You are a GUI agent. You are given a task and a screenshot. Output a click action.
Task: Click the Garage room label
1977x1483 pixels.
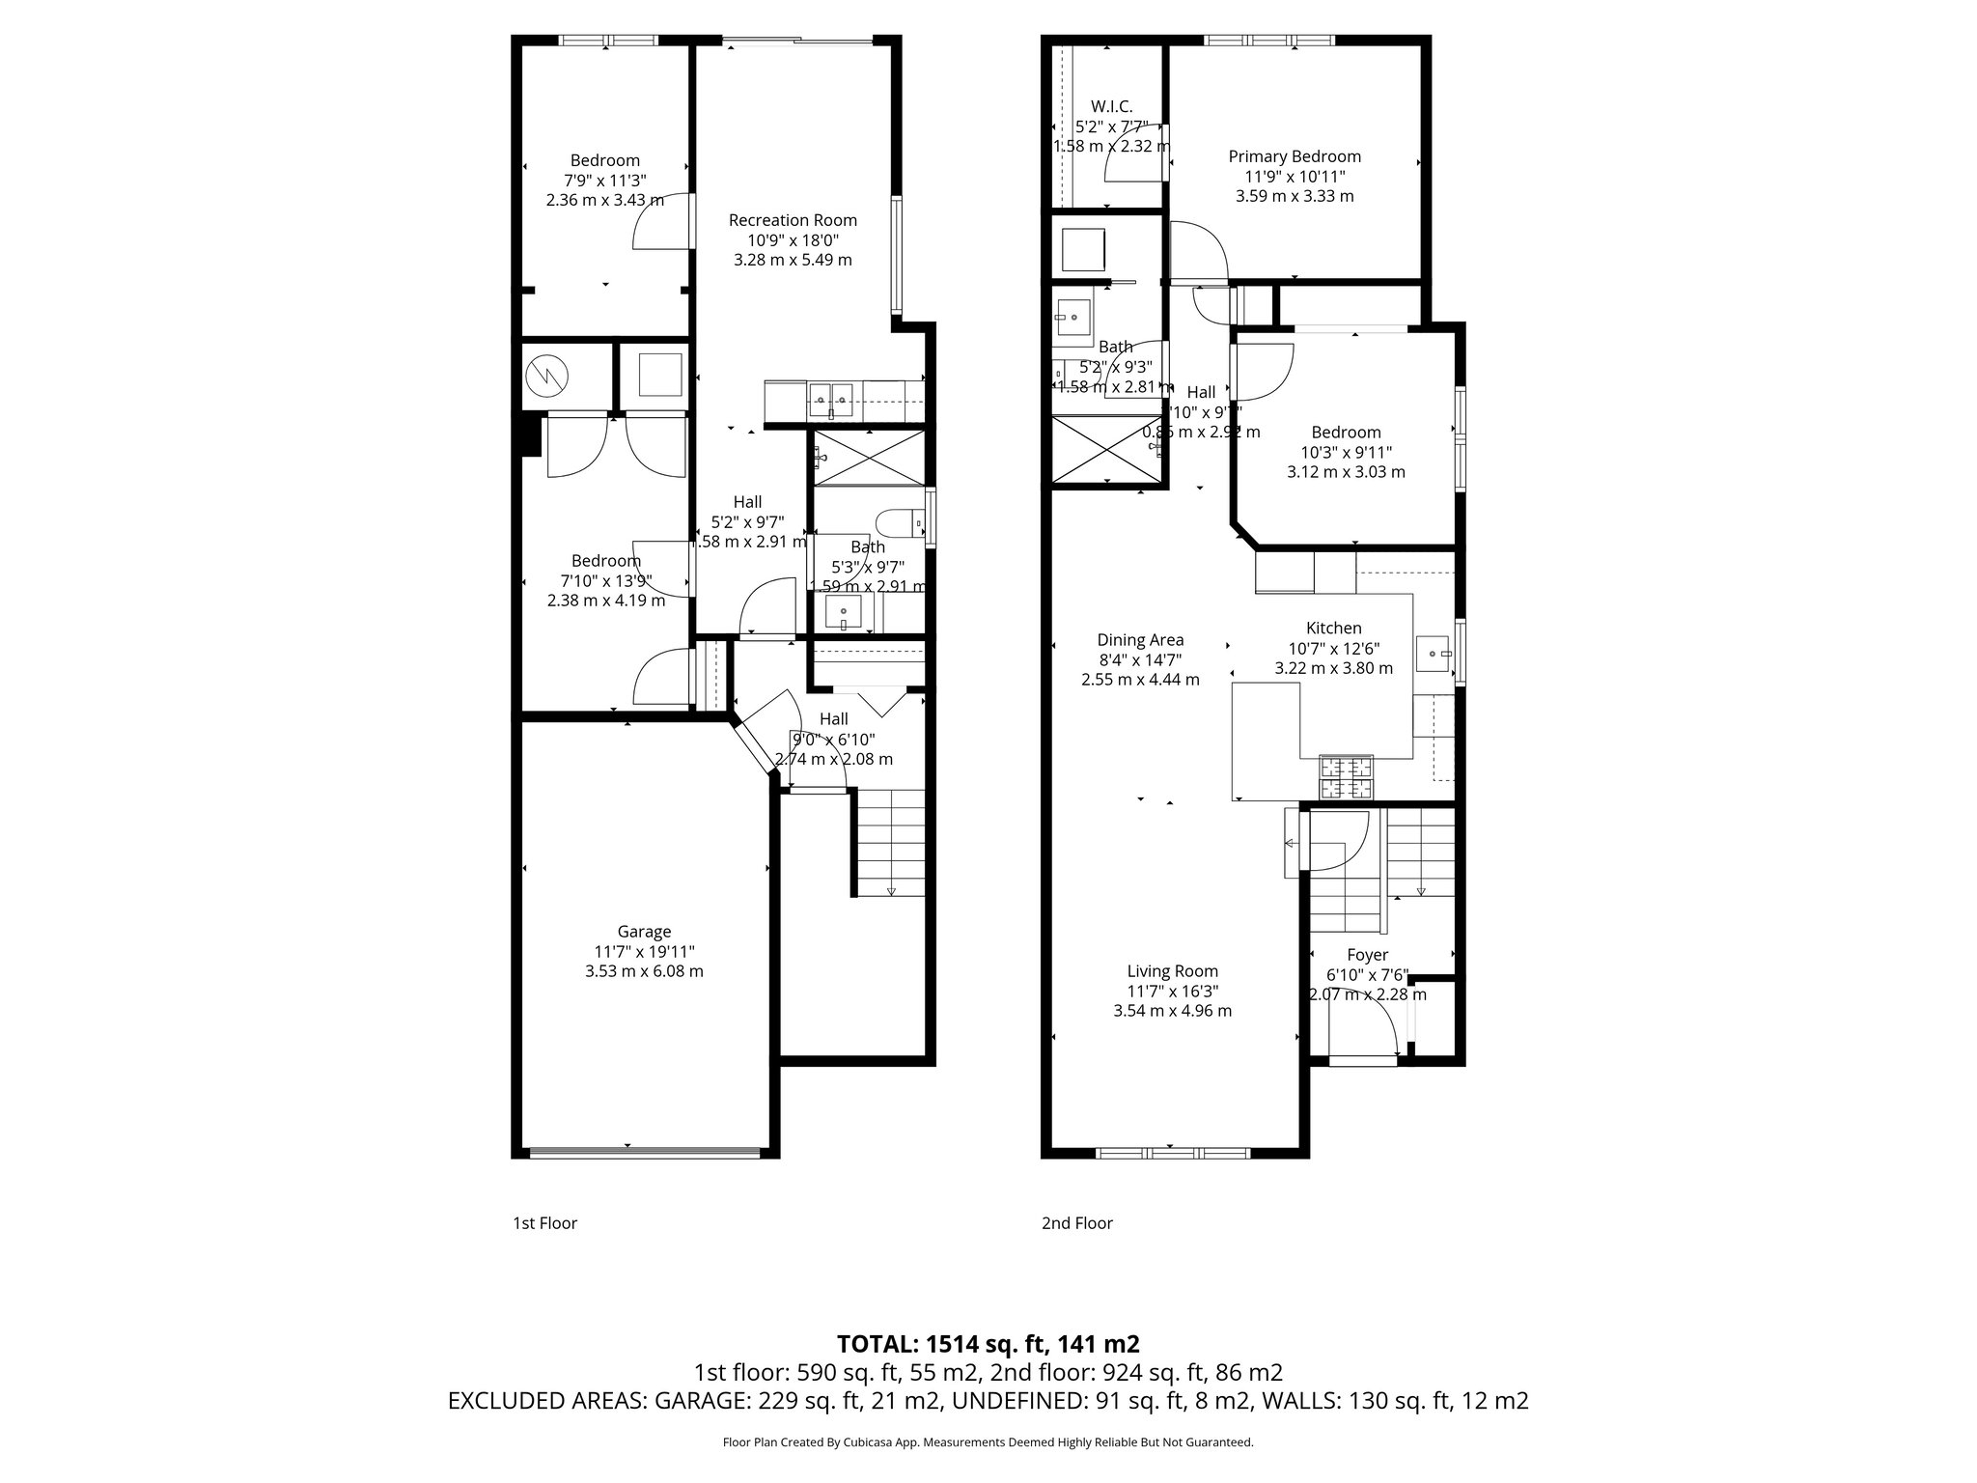(644, 932)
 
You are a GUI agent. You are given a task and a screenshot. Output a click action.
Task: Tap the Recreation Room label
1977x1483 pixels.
(793, 220)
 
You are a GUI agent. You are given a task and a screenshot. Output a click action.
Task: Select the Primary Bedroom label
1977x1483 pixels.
(1295, 156)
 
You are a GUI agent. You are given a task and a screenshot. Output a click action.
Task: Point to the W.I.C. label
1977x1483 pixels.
(1111, 106)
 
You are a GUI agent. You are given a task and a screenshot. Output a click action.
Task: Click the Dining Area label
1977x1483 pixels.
(1140, 640)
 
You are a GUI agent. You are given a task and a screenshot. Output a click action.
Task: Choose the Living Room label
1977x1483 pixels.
(1172, 971)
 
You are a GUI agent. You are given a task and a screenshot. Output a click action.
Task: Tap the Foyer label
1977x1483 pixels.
(1368, 955)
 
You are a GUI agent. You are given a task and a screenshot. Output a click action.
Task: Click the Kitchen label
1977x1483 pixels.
(1334, 629)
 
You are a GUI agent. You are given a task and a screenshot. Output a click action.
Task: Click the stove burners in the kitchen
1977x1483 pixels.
(1347, 778)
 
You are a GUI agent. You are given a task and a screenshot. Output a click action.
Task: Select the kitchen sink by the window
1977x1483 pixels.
(1433, 654)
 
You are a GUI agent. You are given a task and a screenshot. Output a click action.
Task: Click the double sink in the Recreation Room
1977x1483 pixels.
(830, 399)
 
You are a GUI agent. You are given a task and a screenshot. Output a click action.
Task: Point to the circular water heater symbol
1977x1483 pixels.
(546, 376)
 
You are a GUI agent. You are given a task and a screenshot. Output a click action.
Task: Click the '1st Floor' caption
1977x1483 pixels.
(544, 1223)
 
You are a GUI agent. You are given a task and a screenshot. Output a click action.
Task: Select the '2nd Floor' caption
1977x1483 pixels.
(1076, 1223)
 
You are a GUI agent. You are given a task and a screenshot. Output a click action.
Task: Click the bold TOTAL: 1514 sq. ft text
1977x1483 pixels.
(988, 1344)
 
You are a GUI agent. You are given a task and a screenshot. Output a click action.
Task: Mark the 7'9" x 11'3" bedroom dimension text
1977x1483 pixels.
(604, 181)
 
